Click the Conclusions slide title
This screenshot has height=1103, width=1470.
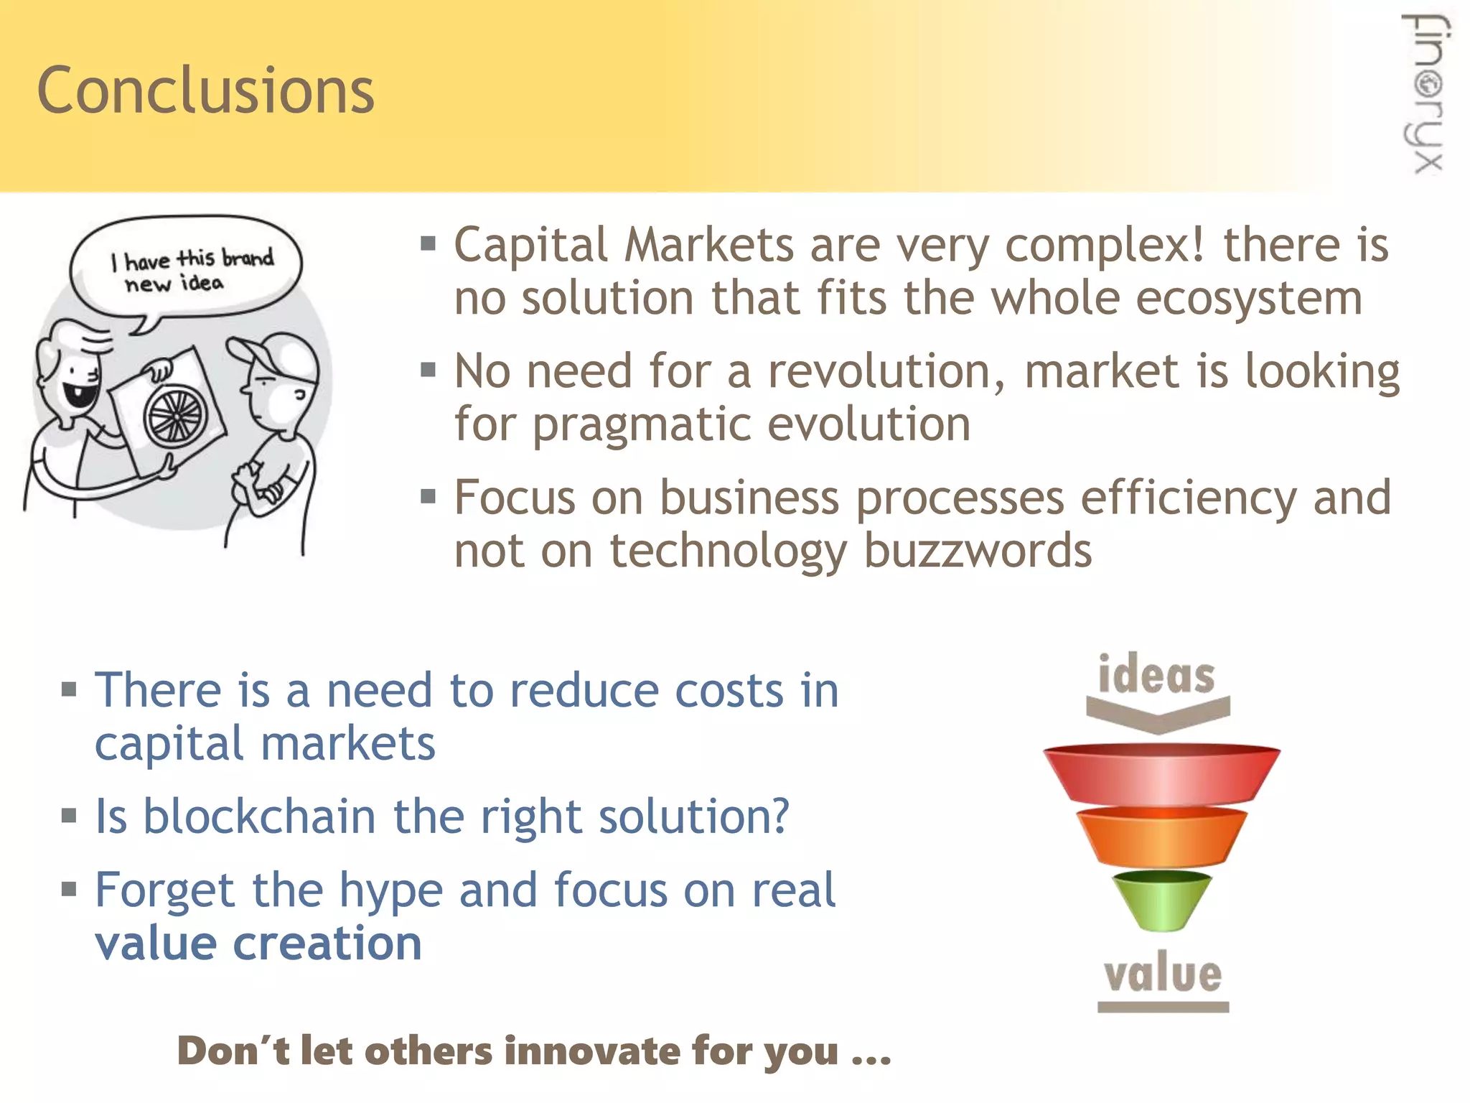click(205, 91)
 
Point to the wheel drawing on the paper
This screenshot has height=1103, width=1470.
click(176, 414)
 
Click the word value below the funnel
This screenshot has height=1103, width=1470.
click(1163, 974)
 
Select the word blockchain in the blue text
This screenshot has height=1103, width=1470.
click(259, 816)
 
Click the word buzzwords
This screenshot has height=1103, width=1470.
click(977, 551)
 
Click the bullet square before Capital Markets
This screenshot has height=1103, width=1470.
click(429, 244)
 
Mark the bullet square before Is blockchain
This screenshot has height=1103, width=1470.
click(69, 816)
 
